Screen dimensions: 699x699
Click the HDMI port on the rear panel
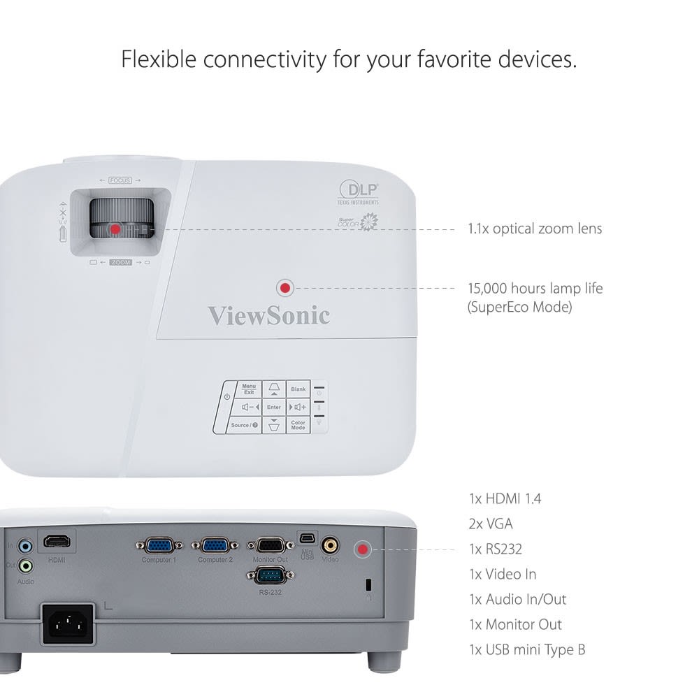58,542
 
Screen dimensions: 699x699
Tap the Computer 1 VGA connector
159,545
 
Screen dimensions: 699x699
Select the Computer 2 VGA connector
215,545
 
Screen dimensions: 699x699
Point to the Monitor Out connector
271,545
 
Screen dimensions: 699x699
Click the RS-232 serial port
271,576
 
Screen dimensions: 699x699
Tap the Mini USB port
308,538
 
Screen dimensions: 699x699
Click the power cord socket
68,624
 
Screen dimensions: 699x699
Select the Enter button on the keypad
274,407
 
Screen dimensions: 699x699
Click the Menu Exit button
249,389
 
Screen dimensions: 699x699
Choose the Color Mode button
298,424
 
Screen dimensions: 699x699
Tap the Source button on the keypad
244,424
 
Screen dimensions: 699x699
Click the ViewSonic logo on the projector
268,315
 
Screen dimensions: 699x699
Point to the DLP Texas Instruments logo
359,192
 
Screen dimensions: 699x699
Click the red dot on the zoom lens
115,229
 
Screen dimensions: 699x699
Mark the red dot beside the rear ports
362,549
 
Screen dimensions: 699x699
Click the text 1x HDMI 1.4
505,499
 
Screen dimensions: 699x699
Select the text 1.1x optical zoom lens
535,229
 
